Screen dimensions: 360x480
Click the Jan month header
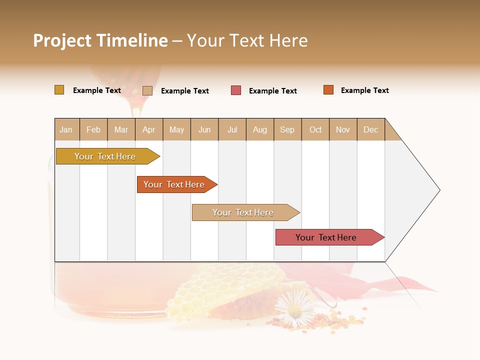point(66,129)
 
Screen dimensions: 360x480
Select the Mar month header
point(121,129)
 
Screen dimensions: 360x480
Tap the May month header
point(176,129)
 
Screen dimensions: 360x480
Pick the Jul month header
point(232,129)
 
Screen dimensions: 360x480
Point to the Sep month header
point(287,129)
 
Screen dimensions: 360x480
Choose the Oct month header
point(315,129)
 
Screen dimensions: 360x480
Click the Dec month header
point(370,129)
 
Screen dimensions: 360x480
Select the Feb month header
point(93,129)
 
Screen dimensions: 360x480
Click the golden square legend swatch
point(59,90)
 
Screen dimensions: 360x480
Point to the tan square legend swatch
point(147,90)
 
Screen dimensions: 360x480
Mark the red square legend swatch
point(236,90)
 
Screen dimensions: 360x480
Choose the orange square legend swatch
point(328,90)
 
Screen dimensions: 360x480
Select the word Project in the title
point(62,40)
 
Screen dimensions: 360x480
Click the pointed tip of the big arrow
point(438,190)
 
